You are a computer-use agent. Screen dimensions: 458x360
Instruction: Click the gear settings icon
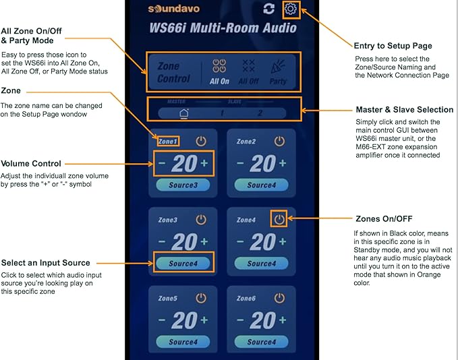tap(291, 9)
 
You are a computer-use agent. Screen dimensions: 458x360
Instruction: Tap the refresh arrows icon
tap(268, 9)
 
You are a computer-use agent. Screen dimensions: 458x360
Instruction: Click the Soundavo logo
tap(174, 9)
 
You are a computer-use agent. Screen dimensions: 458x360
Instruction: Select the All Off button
tap(249, 72)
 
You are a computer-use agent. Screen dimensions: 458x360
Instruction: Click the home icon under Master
tap(183, 113)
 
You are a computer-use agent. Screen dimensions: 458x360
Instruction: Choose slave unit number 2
tap(260, 113)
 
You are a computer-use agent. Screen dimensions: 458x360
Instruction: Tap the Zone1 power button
tap(201, 142)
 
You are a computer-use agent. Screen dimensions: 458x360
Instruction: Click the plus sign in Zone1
tap(204, 163)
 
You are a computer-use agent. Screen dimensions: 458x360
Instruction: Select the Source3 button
tap(183, 185)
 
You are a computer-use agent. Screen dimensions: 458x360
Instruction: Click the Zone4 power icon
tap(279, 219)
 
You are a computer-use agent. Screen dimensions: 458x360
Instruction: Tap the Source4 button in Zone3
tap(183, 264)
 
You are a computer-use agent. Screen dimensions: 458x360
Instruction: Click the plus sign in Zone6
tap(283, 320)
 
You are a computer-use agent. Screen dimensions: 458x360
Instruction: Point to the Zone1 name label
tap(168, 142)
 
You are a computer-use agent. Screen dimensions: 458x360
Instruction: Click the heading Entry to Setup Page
tap(393, 46)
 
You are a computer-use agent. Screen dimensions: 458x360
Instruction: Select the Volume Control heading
tap(31, 164)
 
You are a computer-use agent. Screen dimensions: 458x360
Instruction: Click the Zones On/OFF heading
tap(384, 218)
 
